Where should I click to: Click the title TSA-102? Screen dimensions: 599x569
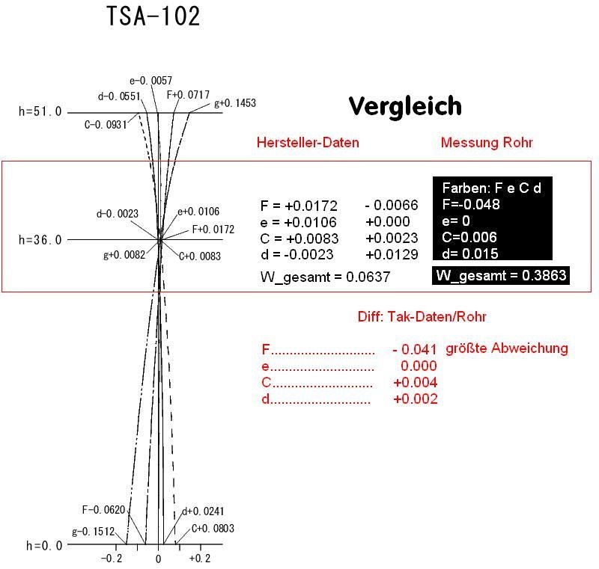153,16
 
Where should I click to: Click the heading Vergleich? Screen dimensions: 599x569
405,105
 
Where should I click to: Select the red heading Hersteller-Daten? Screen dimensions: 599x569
308,143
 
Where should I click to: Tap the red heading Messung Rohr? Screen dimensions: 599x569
487,142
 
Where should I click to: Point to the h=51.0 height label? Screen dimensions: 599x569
40,111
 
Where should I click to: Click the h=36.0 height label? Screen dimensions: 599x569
40,240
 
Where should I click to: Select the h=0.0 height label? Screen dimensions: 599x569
44,546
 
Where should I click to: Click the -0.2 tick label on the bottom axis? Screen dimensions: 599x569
112,559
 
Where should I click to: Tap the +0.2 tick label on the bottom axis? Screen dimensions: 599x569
200,559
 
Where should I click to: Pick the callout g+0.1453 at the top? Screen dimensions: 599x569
235,103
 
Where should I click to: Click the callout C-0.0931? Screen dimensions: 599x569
106,125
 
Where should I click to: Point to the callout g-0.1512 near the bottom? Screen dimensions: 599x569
93,532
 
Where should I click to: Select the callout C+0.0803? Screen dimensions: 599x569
213,528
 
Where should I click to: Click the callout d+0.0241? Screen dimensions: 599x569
203,511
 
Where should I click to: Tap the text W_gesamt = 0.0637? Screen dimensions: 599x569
325,277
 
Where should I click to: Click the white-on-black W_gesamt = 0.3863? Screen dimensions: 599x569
501,275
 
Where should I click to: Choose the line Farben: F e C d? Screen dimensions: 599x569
492,188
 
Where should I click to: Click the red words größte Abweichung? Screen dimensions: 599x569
507,348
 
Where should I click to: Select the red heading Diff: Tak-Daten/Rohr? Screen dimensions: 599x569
422,316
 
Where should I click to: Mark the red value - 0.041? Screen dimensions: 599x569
415,349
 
